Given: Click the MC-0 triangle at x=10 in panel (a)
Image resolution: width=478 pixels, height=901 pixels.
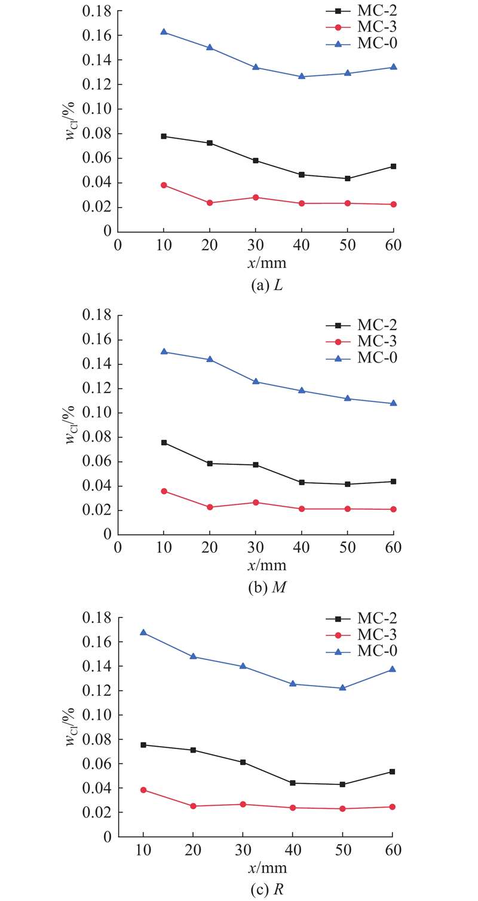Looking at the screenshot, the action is click(164, 32).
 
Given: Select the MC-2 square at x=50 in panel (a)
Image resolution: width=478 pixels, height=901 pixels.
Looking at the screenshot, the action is click(348, 178).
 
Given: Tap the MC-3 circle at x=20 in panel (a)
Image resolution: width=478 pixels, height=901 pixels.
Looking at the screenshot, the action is click(210, 203).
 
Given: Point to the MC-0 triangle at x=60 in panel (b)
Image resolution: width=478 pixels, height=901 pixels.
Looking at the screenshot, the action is click(393, 403).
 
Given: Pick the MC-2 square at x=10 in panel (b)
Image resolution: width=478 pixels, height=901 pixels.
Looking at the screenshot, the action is click(164, 443).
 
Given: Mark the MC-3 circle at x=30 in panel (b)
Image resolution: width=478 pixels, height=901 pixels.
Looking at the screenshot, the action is click(256, 503).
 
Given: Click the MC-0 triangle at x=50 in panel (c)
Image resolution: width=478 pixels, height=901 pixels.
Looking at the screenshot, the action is click(342, 687).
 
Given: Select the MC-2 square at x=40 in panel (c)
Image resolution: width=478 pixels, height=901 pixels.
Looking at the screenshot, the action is click(292, 783).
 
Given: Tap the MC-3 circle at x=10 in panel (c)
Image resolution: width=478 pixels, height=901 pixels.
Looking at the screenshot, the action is click(143, 790).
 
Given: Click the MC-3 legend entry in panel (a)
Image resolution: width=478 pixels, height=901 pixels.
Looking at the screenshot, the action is click(361, 27).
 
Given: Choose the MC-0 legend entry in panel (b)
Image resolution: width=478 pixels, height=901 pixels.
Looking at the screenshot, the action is click(361, 358).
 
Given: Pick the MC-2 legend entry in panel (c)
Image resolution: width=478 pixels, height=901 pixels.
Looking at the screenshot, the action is click(361, 618).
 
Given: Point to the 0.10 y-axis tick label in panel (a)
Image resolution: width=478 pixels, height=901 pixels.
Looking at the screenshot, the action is click(97, 109).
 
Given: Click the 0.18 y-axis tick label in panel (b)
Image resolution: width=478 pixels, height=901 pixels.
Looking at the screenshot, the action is click(97, 315).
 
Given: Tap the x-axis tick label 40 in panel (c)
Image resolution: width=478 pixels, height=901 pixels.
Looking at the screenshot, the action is click(292, 850).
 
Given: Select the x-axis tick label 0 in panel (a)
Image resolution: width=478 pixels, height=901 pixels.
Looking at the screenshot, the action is click(118, 245).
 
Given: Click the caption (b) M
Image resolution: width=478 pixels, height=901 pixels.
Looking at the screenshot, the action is click(267, 588).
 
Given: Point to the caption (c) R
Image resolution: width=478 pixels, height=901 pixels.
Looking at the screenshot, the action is click(267, 890).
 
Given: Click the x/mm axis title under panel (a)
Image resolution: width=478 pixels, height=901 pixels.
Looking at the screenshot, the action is click(267, 263).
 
